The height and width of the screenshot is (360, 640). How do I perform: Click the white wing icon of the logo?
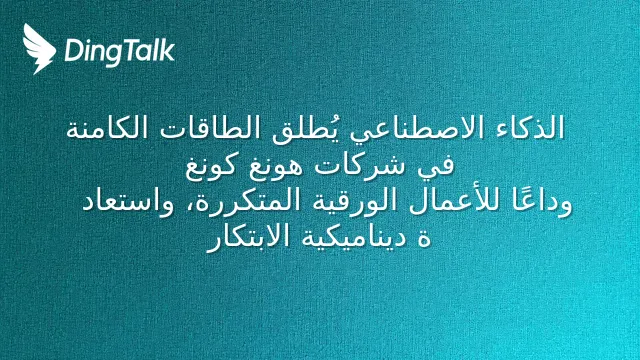39,49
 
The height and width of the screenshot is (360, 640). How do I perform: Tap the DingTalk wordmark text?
120,52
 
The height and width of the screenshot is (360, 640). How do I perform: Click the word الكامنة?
109,128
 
